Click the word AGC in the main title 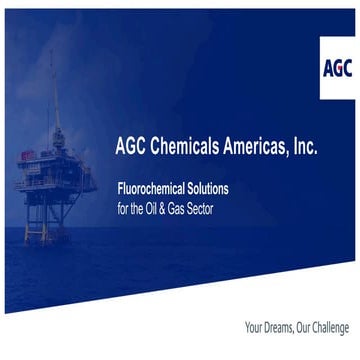coord(134,147)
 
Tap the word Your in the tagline coord(255,327)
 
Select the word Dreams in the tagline coord(283,327)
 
